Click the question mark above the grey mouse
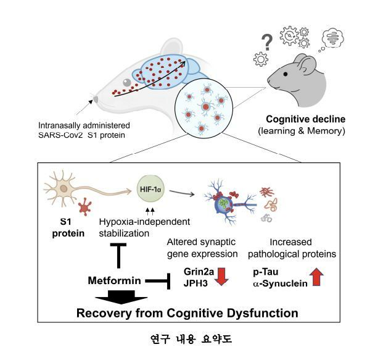click(267, 42)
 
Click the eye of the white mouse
click(126, 82)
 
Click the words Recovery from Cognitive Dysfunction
click(187, 313)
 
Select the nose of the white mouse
click(94, 98)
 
